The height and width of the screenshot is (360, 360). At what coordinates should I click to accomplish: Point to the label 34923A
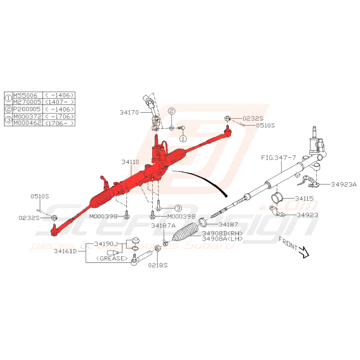(x=344, y=184)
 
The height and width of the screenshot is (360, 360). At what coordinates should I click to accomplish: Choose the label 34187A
(x=163, y=225)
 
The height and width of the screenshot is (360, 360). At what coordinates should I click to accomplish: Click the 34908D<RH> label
(x=222, y=234)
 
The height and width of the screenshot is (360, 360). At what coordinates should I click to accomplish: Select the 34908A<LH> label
(x=222, y=239)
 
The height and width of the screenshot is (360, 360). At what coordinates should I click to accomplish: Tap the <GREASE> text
(x=113, y=258)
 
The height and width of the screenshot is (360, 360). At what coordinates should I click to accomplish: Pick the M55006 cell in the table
(x=25, y=95)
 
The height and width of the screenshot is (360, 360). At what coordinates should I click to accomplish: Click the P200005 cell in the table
(x=27, y=109)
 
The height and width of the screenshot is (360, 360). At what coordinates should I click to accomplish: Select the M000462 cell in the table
(x=27, y=123)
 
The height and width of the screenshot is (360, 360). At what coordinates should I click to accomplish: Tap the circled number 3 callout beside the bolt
(x=178, y=208)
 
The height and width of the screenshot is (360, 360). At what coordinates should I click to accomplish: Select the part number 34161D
(x=65, y=251)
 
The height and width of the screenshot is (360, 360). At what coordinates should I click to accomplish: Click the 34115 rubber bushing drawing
(x=278, y=198)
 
